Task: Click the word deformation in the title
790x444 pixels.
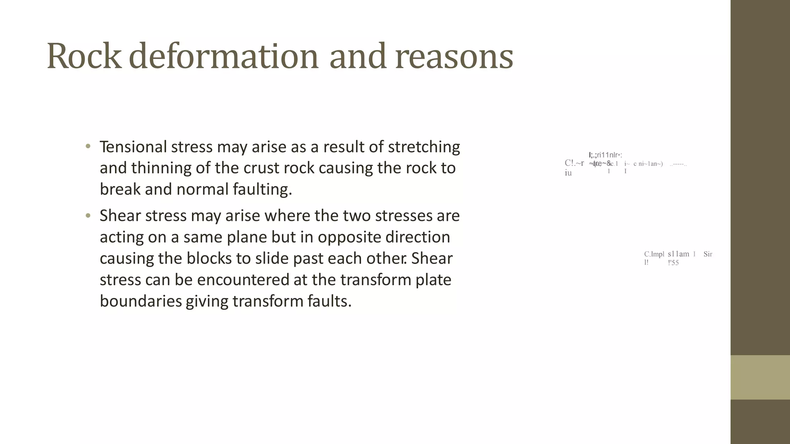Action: [x=224, y=56]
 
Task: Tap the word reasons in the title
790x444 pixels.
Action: [x=454, y=56]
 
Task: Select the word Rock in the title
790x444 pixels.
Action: [x=84, y=56]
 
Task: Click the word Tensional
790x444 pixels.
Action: [x=133, y=147]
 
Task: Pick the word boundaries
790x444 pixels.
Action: [x=141, y=301]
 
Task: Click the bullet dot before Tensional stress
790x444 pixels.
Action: [x=88, y=146]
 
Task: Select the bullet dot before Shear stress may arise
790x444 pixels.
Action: [x=88, y=215]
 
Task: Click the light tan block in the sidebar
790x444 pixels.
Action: [x=760, y=377]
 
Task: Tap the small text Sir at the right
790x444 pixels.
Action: [x=708, y=254]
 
